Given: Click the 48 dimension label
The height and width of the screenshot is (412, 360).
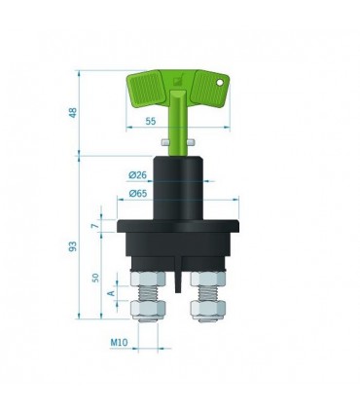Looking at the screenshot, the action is pos(73,112).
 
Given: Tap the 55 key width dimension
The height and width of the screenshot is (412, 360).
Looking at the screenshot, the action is pos(151,121).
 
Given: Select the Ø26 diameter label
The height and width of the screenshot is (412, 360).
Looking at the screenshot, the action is pos(138,175).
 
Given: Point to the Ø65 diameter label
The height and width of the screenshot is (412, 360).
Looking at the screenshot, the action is pos(138,194).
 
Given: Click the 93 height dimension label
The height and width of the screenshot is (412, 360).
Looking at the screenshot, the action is pos(73,246).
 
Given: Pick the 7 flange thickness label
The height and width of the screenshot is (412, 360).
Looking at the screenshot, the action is pos(95,226).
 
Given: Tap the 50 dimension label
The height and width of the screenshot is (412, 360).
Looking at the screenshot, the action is pos(95,278).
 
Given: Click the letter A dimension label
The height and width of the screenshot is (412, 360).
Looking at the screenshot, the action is pos(111,293).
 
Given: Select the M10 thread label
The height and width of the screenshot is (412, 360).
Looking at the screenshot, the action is pos(119,342).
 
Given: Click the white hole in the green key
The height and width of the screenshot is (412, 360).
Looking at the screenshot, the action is pos(220,83).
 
